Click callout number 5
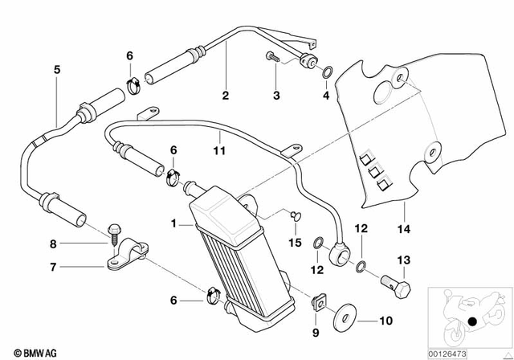pyautogui.click(x=57, y=70)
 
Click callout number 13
pyautogui.click(x=403, y=259)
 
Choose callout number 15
pyautogui.click(x=294, y=242)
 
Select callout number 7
pyautogui.click(x=54, y=267)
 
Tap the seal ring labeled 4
pyautogui.click(x=328, y=72)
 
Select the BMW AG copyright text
pyautogui.click(x=25, y=352)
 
